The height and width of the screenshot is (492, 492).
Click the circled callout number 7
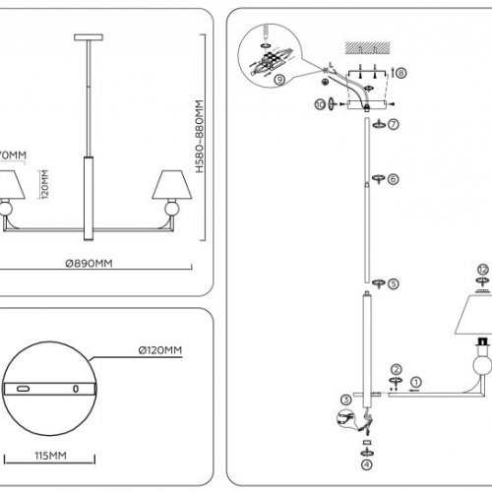(x=393, y=125)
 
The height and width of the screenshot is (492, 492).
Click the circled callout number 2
(x=394, y=367)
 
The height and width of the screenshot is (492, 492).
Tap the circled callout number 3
(x=345, y=399)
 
